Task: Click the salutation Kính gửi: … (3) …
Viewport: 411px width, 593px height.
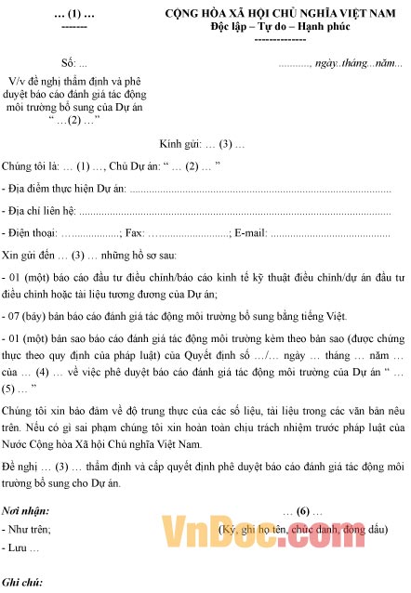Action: click(x=202, y=144)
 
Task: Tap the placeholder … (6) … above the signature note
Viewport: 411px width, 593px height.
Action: click(x=303, y=511)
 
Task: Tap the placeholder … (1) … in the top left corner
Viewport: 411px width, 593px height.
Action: click(x=73, y=16)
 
